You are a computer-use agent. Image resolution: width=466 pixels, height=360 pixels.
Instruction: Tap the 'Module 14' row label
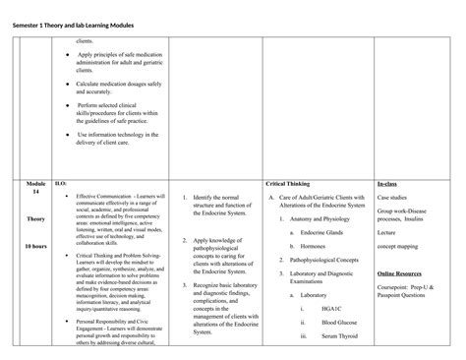[36, 189]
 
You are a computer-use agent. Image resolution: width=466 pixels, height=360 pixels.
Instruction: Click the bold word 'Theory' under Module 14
[36, 219]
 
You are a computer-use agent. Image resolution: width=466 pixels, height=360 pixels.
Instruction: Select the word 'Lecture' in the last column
[389, 233]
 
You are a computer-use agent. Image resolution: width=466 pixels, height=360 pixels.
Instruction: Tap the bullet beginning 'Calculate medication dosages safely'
[118, 88]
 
